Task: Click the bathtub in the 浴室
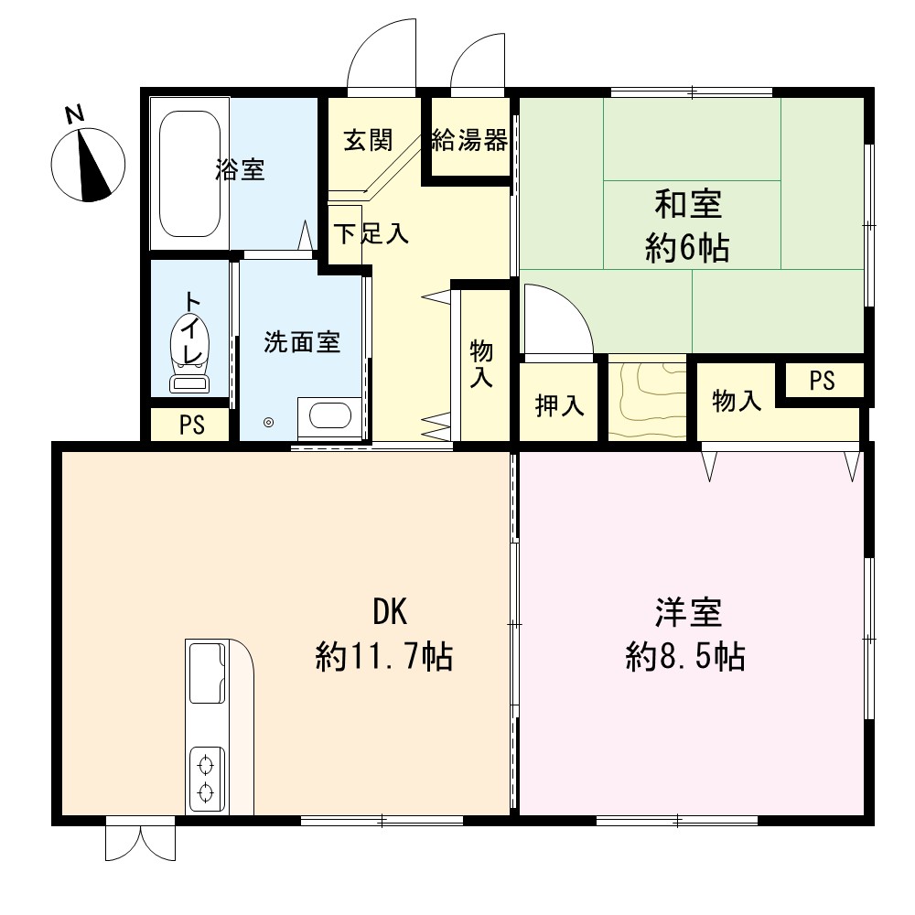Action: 189,174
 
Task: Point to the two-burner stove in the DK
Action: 207,779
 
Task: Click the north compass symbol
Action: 88,165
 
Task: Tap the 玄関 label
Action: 368,141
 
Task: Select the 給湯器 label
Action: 469,141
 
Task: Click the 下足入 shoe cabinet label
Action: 371,233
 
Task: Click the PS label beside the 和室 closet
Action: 823,381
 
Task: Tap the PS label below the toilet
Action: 192,425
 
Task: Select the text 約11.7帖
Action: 384,656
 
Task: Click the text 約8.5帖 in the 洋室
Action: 685,656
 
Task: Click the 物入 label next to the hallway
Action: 481,364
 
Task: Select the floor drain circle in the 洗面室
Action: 268,423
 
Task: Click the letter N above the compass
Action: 74,114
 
